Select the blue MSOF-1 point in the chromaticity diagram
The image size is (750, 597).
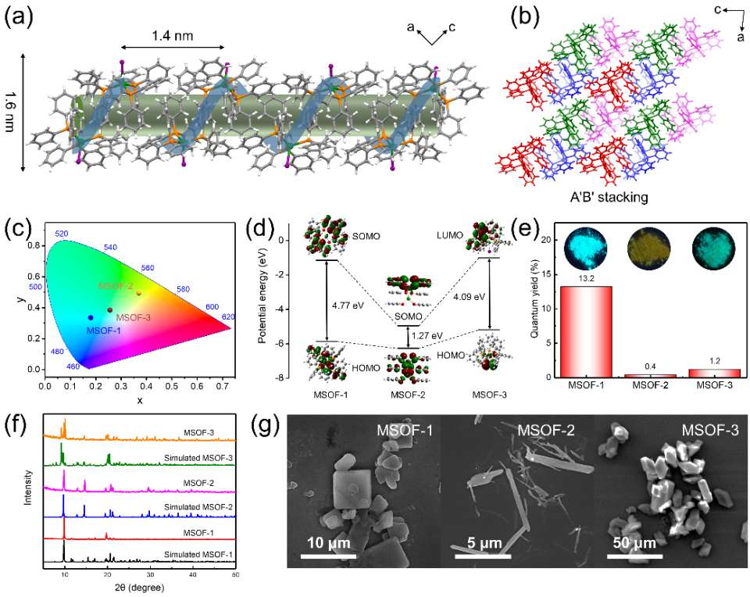tap(91, 317)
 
